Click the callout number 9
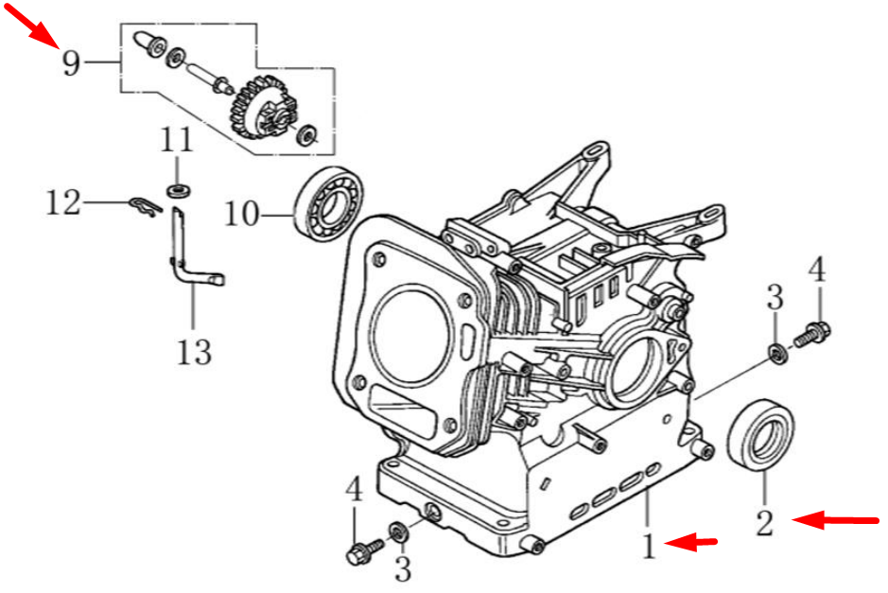point(71,63)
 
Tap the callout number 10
point(241,214)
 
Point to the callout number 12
point(64,201)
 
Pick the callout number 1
point(649,546)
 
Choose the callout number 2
point(764,521)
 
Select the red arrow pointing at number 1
point(694,542)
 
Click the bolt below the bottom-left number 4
point(362,552)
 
